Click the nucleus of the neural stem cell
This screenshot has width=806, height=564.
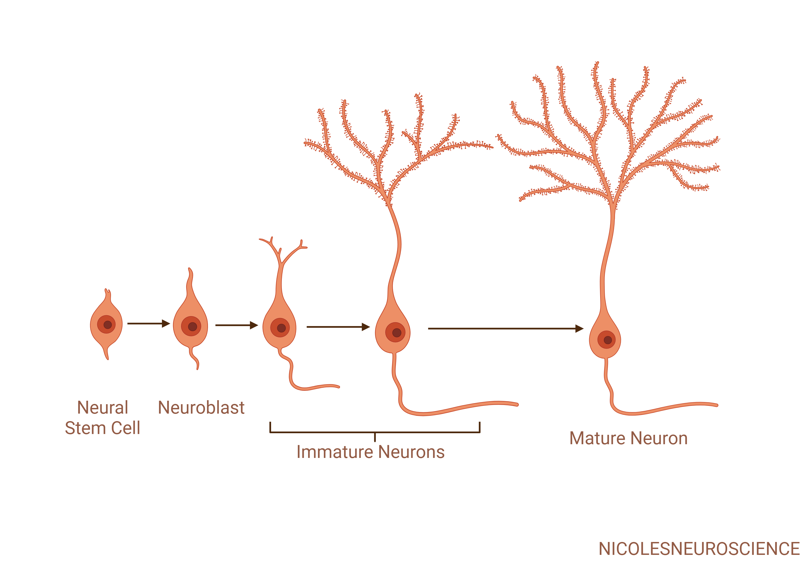pyautogui.click(x=106, y=324)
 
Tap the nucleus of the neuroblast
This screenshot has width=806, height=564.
pyautogui.click(x=191, y=326)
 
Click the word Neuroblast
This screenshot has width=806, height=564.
pyautogui.click(x=201, y=407)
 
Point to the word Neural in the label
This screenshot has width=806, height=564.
pyautogui.click(x=103, y=407)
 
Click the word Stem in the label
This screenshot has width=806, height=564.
pyautogui.click(x=85, y=428)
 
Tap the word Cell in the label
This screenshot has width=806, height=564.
pyautogui.click(x=126, y=428)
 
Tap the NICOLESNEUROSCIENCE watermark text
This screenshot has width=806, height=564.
pyautogui.click(x=699, y=549)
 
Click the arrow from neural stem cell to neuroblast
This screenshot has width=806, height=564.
pyautogui.click(x=149, y=323)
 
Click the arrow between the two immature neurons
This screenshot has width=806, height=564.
pyautogui.click(x=338, y=327)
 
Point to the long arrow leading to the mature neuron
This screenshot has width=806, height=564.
pyautogui.click(x=506, y=328)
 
